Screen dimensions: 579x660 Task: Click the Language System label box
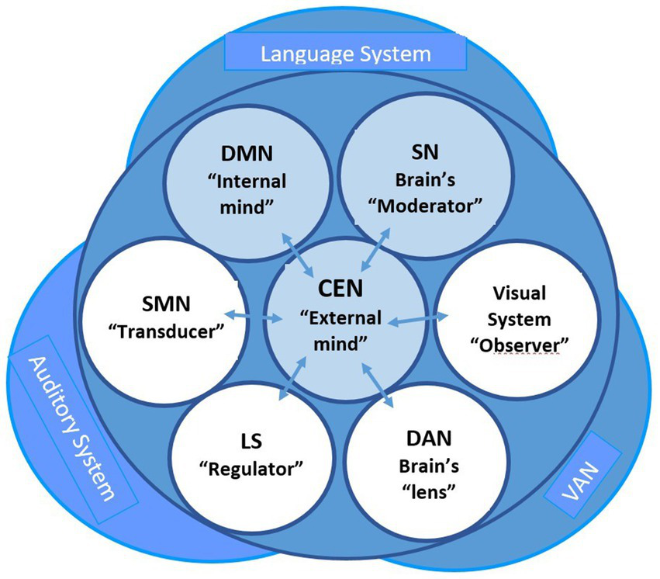click(345, 54)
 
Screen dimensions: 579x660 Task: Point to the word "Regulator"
click(251, 469)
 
